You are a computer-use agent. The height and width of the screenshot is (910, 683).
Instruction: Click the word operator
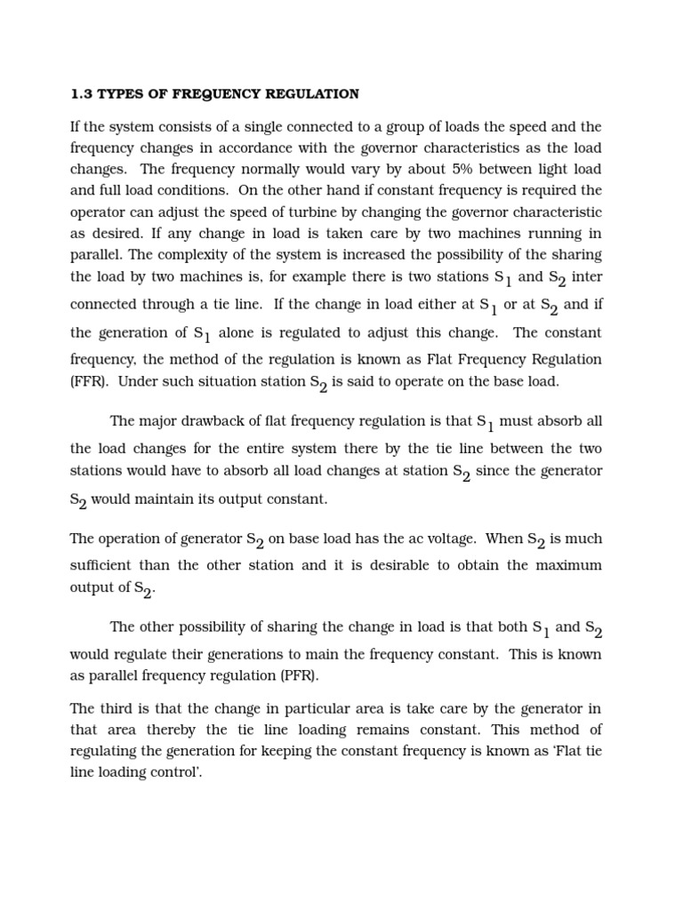click(x=100, y=212)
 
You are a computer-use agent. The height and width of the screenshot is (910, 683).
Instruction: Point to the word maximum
click(x=564, y=565)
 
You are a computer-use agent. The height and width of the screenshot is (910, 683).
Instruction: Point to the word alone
click(x=243, y=332)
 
